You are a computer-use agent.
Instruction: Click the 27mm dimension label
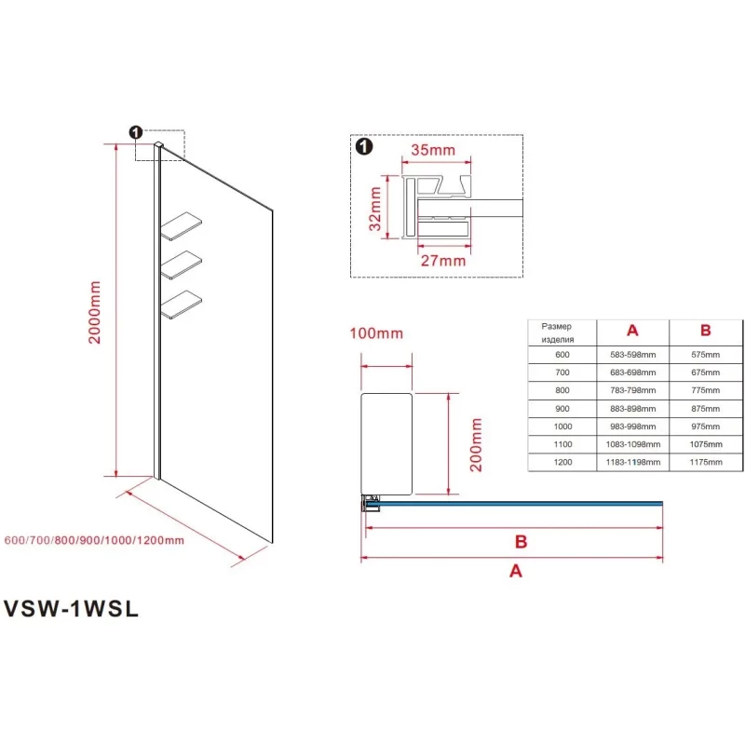[442, 260]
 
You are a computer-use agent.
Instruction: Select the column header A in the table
[632, 331]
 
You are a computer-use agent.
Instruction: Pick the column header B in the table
[705, 331]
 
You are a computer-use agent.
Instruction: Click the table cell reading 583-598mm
[633, 354]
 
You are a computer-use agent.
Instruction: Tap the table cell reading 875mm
[705, 408]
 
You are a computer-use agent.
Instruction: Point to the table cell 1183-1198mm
[633, 462]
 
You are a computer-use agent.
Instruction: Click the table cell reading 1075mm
[705, 444]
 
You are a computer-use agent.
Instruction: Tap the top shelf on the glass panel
[184, 226]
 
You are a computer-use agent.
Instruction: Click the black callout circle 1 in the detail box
[363, 147]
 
